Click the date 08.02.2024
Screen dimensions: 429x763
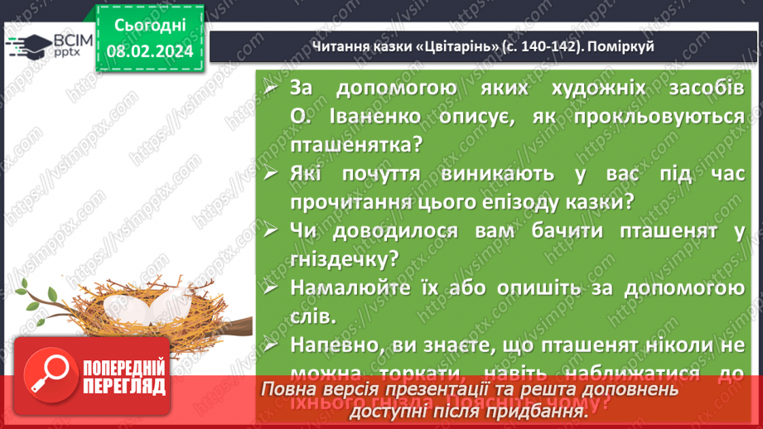click(x=149, y=51)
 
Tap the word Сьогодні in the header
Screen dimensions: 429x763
click(x=149, y=25)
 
